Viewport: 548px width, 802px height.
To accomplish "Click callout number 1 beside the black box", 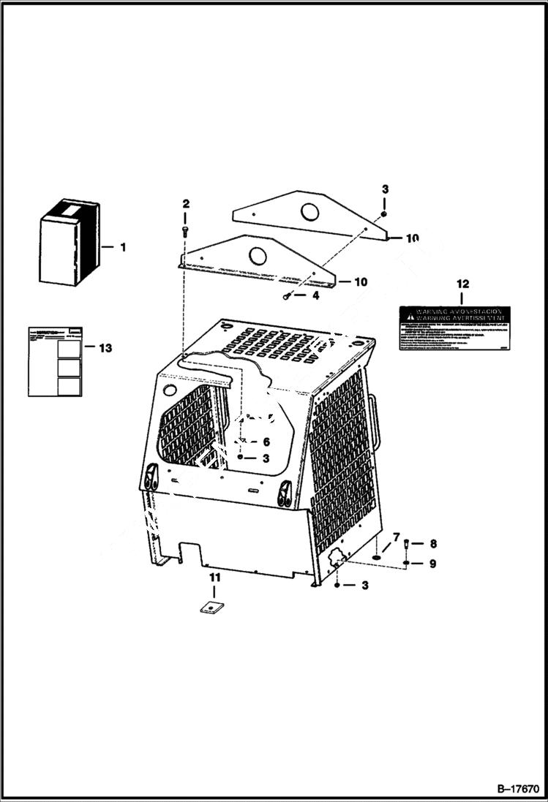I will pyautogui.click(x=123, y=247).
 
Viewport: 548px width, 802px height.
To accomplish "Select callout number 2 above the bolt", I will pyautogui.click(x=186, y=203).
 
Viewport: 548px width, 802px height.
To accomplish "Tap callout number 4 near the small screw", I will pyautogui.click(x=315, y=295).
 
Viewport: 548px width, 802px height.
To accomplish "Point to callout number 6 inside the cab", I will pyautogui.click(x=266, y=442).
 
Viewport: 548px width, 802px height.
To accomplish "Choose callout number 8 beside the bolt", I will pyautogui.click(x=433, y=543).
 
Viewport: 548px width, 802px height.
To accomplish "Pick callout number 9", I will pyautogui.click(x=432, y=564).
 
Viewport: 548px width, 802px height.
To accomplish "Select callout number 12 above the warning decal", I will pyautogui.click(x=462, y=283).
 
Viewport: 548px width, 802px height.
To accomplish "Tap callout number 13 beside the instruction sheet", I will pyautogui.click(x=106, y=348).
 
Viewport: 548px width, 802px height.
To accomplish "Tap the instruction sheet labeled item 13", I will pyautogui.click(x=55, y=362).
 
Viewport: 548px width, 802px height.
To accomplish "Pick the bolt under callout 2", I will pyautogui.click(x=184, y=231).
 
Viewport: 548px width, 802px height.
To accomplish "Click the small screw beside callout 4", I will pyautogui.click(x=288, y=296).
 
